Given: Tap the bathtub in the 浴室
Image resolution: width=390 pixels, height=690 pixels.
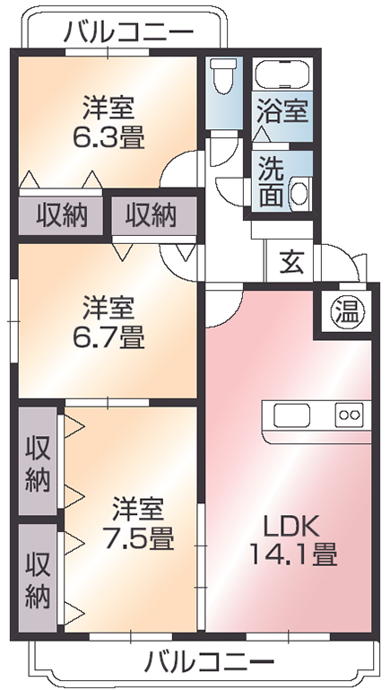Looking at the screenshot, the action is point(282,74).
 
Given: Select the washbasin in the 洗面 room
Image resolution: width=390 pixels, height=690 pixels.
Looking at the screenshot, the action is point(300,192).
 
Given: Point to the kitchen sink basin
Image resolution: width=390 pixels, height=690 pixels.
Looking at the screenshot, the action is point(292,415).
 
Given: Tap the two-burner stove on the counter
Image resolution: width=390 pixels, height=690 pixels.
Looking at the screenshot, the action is point(350,415).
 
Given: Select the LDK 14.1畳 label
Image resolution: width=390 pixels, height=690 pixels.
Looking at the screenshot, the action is point(293,540).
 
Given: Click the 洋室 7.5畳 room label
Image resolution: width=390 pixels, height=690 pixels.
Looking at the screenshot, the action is point(138,522).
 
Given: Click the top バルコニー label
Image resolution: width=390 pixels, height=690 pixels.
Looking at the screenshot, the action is point(129,32).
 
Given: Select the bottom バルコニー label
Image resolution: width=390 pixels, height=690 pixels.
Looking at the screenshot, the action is point(209,661).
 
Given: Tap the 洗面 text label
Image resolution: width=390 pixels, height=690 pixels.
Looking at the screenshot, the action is point(271,182).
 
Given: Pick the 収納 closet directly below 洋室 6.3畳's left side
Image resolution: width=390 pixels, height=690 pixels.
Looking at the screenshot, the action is point(61,215).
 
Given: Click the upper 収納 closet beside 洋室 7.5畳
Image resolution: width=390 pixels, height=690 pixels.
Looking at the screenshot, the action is point(38,460).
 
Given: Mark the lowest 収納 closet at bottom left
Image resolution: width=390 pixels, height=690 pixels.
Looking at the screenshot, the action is point(38,578).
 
